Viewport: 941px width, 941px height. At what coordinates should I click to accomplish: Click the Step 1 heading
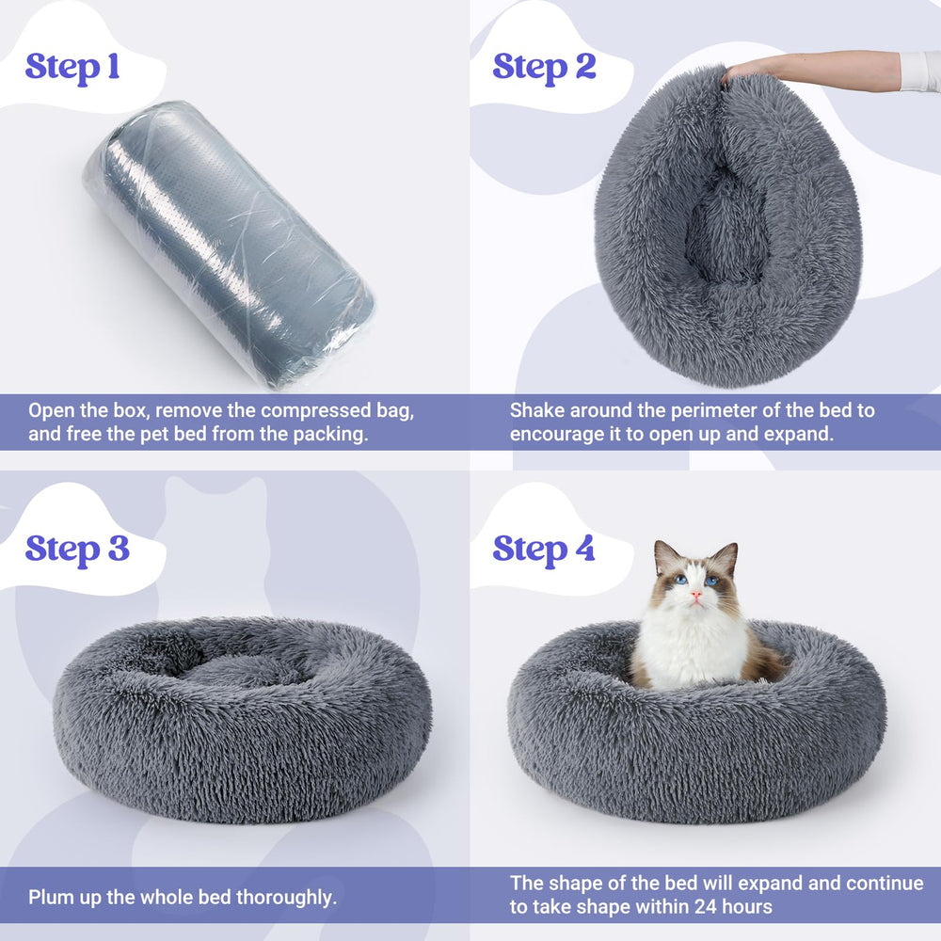pyautogui.click(x=72, y=67)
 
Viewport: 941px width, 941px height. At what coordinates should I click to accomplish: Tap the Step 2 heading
pyautogui.click(x=544, y=67)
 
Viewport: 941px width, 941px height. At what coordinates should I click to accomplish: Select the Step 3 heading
pyautogui.click(x=76, y=548)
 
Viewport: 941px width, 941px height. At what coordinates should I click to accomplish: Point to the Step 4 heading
pyautogui.click(x=544, y=548)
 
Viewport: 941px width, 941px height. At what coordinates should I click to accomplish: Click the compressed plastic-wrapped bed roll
pyautogui.click(x=229, y=244)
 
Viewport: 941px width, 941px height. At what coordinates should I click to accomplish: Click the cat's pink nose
pyautogui.click(x=694, y=596)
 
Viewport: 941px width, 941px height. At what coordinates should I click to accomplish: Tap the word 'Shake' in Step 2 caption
pyautogui.click(x=536, y=411)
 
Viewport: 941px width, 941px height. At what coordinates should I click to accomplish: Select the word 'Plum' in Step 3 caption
pyautogui.click(x=49, y=898)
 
